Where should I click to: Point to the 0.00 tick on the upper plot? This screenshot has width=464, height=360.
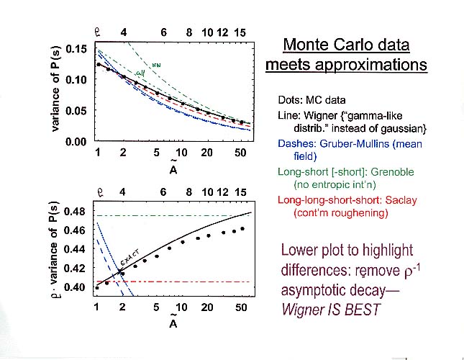tap(76, 142)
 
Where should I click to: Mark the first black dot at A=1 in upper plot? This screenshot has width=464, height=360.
tap(98, 65)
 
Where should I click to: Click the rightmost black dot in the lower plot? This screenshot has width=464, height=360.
tap(242, 228)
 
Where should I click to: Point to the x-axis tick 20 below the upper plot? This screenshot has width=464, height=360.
tap(206, 153)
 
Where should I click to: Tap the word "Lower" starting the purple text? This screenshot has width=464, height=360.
tap(303, 251)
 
